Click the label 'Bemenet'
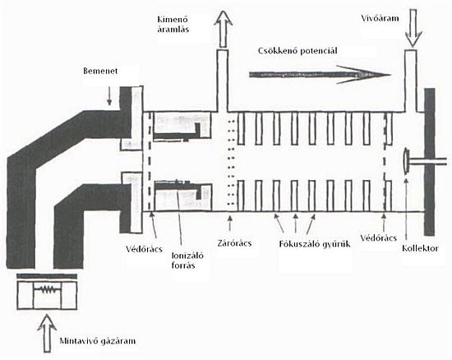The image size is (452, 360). tap(100, 71)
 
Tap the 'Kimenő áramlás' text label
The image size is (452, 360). tap(173, 25)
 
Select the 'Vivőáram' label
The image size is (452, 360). tap(381, 18)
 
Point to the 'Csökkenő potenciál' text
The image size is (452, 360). tap(297, 51)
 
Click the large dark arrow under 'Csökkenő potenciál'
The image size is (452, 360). tap(320, 75)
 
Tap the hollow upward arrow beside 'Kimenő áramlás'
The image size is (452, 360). tap(223, 29)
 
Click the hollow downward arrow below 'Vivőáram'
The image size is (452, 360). tap(413, 28)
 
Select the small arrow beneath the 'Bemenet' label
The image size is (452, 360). tap(109, 97)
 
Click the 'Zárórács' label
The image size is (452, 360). tap(234, 243)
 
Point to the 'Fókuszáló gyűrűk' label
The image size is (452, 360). tap(315, 244)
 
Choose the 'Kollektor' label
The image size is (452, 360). tap(420, 248)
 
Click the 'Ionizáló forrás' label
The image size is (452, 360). tap(187, 261)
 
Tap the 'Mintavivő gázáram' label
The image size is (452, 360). tap(98, 341)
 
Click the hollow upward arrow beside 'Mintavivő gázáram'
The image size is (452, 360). tap(47, 334)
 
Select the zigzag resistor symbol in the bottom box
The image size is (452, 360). tap(47, 289)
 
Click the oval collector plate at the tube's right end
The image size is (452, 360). tap(406, 161)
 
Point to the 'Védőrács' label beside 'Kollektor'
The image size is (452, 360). tap(379, 238)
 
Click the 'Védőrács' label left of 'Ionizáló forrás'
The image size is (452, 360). tap(144, 249)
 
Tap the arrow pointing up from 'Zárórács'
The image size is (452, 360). tap(230, 224)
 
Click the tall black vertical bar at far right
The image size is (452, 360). tap(429, 162)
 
